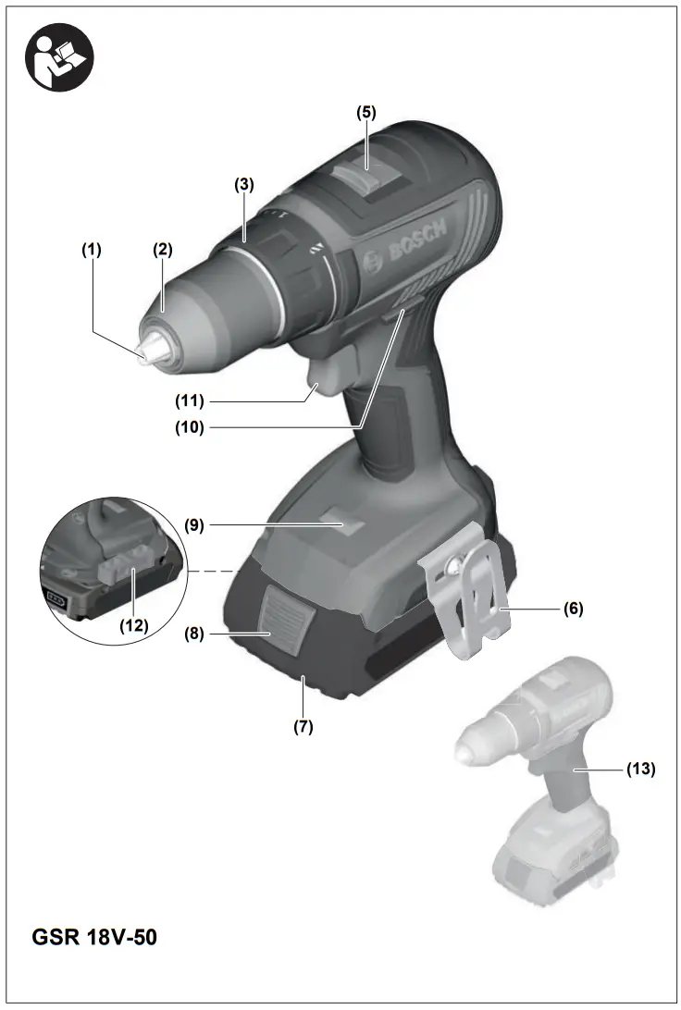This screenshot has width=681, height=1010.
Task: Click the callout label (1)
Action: click(x=91, y=249)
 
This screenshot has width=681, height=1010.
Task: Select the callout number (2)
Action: click(x=163, y=249)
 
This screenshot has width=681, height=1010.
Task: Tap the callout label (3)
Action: click(x=243, y=184)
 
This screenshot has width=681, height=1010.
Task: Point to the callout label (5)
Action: click(x=366, y=112)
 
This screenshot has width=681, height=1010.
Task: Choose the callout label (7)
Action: click(x=303, y=727)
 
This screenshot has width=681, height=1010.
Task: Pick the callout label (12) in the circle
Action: click(x=133, y=625)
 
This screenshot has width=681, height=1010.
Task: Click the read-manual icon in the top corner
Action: click(x=57, y=57)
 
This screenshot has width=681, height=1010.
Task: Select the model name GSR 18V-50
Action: click(x=94, y=936)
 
